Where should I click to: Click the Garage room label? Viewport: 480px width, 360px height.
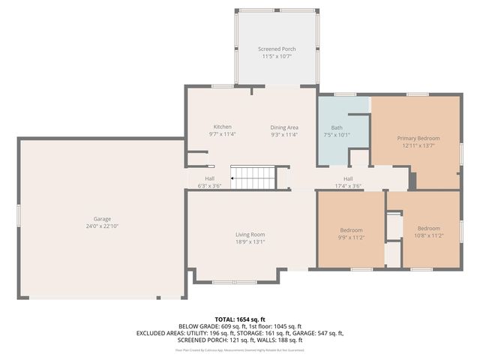click(x=102, y=219)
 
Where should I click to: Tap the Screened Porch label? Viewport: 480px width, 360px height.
click(x=277, y=49)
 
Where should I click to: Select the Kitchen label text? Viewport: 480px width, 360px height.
click(x=222, y=127)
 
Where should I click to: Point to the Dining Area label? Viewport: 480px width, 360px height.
click(x=284, y=127)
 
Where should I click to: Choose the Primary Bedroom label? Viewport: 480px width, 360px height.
click(x=418, y=138)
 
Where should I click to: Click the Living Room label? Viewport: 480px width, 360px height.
click(x=250, y=235)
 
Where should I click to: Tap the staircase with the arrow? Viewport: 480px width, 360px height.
click(x=253, y=178)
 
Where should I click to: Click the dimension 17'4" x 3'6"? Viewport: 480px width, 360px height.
click(x=348, y=186)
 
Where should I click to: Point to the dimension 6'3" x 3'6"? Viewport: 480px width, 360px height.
click(x=210, y=186)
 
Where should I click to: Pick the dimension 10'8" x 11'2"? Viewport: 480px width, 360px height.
click(x=429, y=235)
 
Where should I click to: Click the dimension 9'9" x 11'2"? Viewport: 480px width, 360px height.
click(x=351, y=237)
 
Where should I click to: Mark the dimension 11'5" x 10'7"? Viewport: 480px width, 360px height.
click(x=277, y=56)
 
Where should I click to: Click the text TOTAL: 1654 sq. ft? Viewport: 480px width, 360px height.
click(x=239, y=319)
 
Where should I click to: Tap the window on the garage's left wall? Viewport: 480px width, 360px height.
click(x=18, y=214)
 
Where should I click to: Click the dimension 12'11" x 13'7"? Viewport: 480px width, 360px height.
click(x=418, y=145)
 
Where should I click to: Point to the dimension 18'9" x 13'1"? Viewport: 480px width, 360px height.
click(x=250, y=242)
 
